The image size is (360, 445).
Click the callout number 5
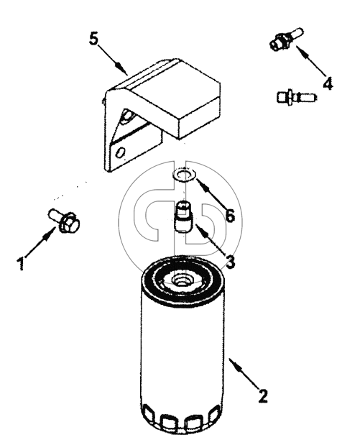(x=93, y=38)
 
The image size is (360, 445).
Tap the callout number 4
(x=328, y=83)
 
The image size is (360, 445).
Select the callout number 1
(x=21, y=264)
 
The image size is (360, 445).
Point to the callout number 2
(x=263, y=396)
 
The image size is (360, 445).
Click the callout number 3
(x=231, y=262)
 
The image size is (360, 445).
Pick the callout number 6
(x=230, y=216)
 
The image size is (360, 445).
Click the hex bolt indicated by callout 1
(x=64, y=221)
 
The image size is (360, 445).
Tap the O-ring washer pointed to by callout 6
(x=183, y=175)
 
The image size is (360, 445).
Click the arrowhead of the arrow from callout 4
(x=303, y=52)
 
